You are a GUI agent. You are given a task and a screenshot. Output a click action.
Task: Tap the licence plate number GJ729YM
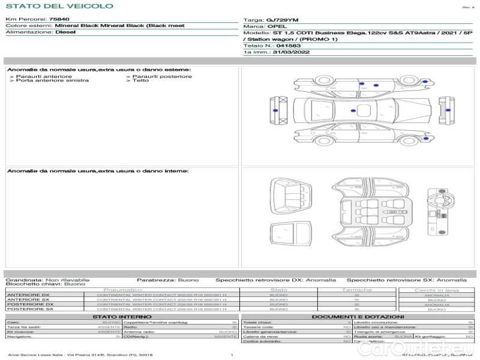tap(278, 20)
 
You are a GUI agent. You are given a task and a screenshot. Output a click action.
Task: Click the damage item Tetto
tap(141, 80)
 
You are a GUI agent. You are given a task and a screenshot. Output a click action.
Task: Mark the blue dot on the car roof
tap(352, 110)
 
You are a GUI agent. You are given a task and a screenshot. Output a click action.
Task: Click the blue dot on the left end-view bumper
tap(275, 111)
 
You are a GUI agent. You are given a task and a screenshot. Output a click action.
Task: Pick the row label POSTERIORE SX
tap(30, 309)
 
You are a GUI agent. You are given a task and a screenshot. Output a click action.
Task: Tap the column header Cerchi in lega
tap(437, 290)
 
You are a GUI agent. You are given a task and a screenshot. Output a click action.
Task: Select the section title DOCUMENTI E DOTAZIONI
tap(358, 316)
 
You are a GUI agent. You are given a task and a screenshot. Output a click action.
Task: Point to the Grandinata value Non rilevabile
tap(67, 280)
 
